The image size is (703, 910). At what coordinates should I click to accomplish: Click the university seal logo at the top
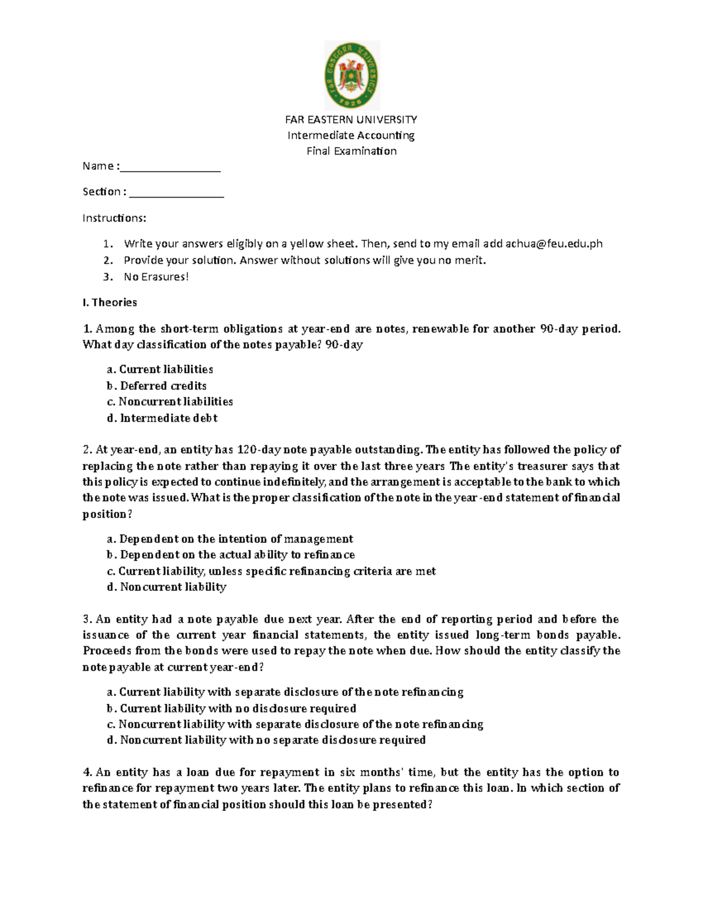pos(351,76)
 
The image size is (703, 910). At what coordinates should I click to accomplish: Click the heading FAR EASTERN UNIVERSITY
pos(351,120)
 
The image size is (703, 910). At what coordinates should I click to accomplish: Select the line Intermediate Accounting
pos(351,135)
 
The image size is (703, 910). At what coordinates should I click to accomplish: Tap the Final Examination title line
pos(351,151)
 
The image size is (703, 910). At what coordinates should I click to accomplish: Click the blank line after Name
pos(170,167)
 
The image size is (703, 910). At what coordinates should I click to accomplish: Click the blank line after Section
pos(176,192)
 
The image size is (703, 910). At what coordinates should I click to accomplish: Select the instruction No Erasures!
pos(156,277)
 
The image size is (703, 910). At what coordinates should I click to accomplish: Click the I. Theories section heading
pos(110,302)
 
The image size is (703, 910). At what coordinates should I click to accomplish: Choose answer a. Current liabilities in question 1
pos(160,369)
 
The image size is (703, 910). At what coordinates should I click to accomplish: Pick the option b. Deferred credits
pos(156,386)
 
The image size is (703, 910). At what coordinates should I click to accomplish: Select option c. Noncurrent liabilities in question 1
pos(170,401)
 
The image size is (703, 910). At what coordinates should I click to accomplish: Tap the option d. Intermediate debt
pos(162,418)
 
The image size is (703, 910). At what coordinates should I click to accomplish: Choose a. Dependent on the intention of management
pos(230,539)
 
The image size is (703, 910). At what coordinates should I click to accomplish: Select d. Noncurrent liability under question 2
pos(166,587)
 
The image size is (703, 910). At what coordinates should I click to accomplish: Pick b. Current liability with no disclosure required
pos(231,708)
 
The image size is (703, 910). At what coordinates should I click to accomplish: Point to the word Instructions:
pos(114,218)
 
